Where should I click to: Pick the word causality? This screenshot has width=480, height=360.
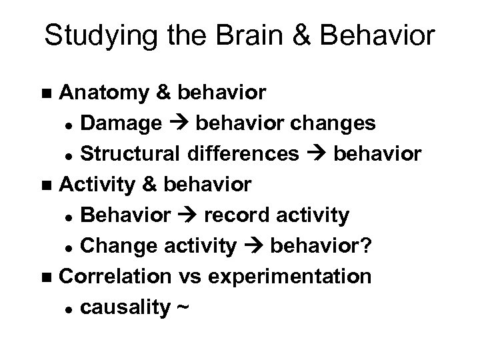click(123, 307)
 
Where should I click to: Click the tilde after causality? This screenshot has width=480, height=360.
click(183, 307)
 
